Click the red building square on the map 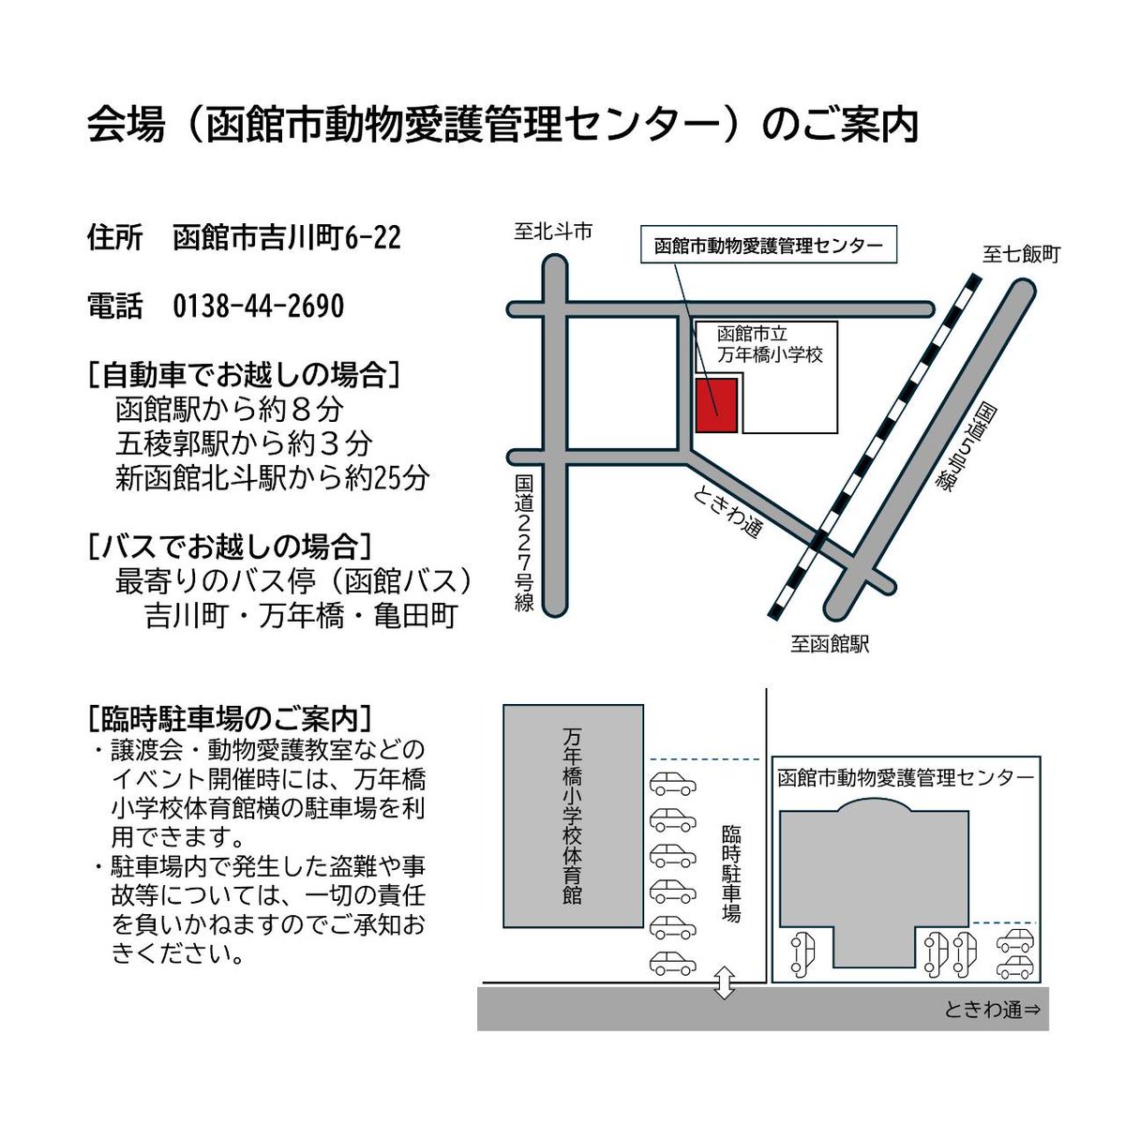tap(716, 406)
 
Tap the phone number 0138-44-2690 tap(259, 307)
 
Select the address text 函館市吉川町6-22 tap(287, 238)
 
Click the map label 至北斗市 tap(553, 231)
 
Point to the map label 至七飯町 tap(1021, 254)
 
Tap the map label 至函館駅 tap(830, 644)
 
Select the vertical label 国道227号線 tap(524, 544)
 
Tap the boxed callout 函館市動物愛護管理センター tap(768, 246)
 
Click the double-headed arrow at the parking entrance tap(724, 982)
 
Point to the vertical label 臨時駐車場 tap(731, 873)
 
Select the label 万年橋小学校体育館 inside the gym tap(573, 816)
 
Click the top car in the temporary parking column tap(673, 783)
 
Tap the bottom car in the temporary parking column tap(673, 963)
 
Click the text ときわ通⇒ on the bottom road tap(992, 1010)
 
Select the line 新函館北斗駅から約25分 tap(272, 478)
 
